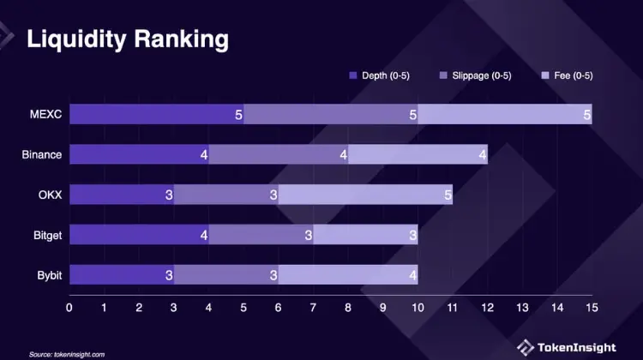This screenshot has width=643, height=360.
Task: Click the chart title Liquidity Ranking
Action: pos(128,39)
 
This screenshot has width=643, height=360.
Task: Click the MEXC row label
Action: pos(46,114)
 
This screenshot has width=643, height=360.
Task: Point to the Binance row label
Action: pos(42,154)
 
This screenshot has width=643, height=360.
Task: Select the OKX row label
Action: pos(50,195)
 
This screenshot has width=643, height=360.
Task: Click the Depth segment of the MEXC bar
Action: pos(156,114)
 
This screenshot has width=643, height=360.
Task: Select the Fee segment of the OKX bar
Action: pos(365,195)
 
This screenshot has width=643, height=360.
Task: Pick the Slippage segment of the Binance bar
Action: pos(279,154)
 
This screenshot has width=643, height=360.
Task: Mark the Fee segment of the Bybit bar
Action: pos(348,274)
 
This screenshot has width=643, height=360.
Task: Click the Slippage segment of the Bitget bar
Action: pos(261,234)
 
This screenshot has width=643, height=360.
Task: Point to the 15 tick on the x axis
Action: pos(591,306)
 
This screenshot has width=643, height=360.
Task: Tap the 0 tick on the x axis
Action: pos(69,306)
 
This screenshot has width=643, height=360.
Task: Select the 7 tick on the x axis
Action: pos(313,306)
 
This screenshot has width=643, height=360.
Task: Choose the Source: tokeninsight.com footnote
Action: pos(67,353)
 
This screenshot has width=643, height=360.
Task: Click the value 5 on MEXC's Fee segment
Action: pos(586,114)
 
